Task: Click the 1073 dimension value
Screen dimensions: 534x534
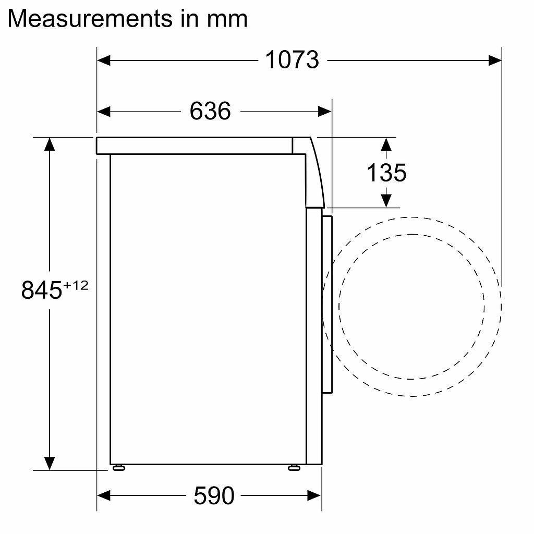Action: [x=292, y=60]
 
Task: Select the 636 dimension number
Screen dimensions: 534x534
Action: [x=210, y=111]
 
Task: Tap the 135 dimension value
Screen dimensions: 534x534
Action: [x=386, y=173]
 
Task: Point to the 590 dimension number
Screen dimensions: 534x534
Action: [x=214, y=495]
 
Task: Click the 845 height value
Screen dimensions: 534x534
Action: [x=42, y=290]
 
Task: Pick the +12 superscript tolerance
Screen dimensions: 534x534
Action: [x=76, y=285]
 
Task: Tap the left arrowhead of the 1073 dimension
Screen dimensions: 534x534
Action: [x=104, y=60]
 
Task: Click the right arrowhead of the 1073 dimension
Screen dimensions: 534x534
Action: [x=495, y=60]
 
